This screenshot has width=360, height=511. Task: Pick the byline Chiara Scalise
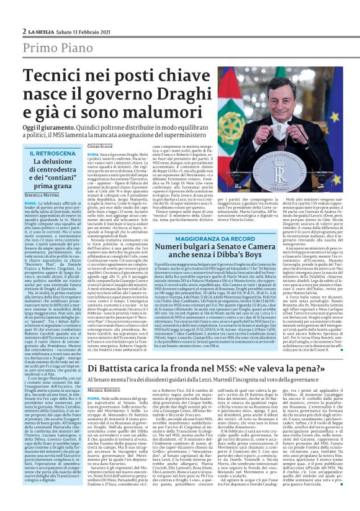click(x=101, y=145)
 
